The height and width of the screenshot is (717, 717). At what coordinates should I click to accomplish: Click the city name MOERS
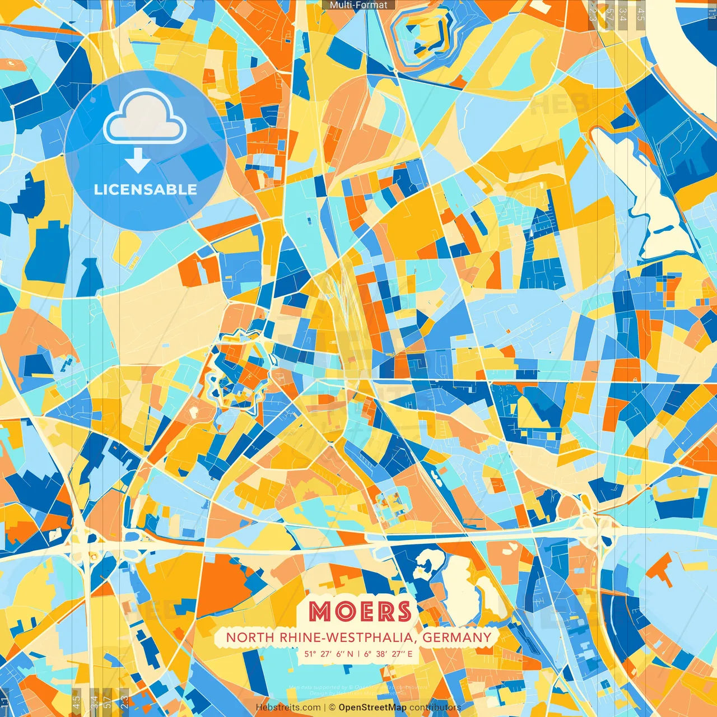tap(360, 611)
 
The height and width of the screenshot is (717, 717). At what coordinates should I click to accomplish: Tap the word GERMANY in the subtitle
tap(457, 637)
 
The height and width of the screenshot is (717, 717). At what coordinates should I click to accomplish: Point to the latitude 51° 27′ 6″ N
tap(329, 654)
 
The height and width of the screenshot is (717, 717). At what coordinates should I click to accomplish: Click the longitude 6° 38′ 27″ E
tap(388, 654)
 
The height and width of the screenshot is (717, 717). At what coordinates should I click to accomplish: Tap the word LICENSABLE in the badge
tap(145, 189)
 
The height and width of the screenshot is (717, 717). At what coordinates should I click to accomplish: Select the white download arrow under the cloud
tap(137, 160)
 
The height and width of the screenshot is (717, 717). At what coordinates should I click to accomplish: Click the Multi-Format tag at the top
tap(358, 5)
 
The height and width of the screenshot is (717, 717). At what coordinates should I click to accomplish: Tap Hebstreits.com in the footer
tap(288, 707)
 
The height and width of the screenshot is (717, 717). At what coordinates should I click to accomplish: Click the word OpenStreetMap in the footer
tap(372, 707)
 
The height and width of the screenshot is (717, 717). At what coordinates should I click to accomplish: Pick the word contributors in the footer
tap(435, 707)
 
